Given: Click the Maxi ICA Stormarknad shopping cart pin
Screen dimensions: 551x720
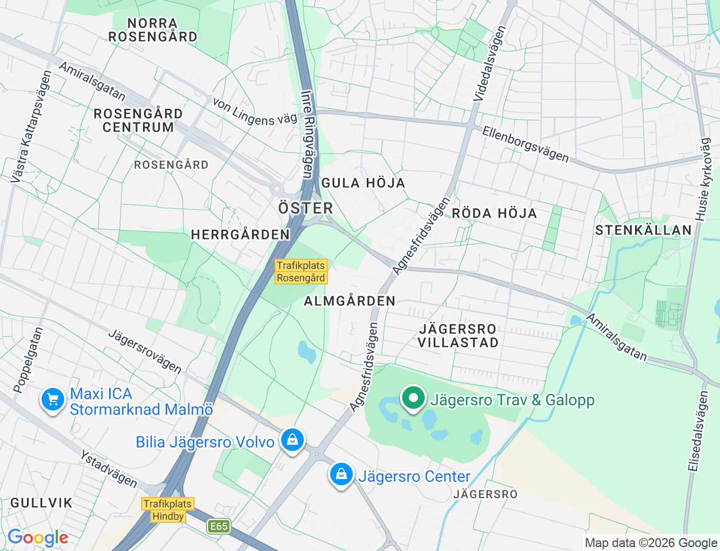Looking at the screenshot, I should point(53,400).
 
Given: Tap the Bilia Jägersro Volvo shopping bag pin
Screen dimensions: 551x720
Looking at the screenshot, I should point(292,440).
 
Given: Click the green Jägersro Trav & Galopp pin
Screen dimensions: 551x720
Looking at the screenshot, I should point(413,398).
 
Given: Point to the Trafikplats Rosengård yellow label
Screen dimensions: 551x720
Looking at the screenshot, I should point(301,272).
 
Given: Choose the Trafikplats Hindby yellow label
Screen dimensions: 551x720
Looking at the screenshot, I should point(168,510).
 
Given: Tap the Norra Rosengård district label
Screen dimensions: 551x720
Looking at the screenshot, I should point(152,30).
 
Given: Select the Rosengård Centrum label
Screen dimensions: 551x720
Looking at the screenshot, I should point(138,120).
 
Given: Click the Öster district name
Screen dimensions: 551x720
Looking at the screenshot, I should point(305,209).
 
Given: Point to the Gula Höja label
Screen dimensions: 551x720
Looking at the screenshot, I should point(363,183).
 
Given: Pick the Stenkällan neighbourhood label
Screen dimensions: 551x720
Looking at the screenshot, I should point(643,230).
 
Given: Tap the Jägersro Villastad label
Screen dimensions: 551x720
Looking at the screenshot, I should point(458,336).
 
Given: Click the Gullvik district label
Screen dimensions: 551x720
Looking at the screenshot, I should point(42,503).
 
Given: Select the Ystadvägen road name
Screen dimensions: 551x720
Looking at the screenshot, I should point(109,468).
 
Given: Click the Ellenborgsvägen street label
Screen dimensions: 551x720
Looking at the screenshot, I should point(525,144).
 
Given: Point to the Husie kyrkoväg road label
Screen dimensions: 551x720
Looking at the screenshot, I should point(703,179).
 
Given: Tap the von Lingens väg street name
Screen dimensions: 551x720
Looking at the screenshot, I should point(255,112).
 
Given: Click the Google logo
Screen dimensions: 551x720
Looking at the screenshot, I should point(37,538).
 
